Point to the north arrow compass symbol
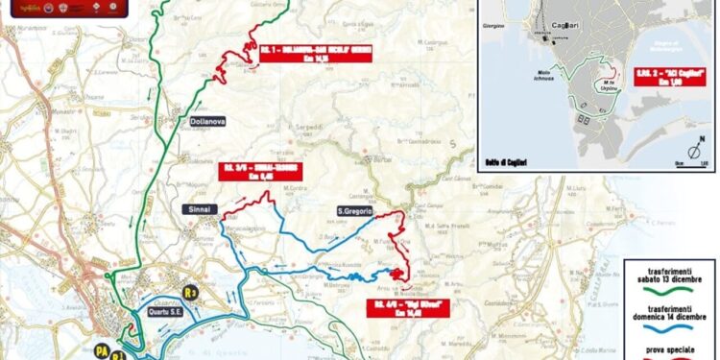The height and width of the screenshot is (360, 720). click(x=693, y=151)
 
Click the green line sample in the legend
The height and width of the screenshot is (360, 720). click(x=668, y=295)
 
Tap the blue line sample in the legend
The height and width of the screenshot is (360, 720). click(x=668, y=329)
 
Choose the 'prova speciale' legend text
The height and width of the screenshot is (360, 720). click(x=669, y=348)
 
